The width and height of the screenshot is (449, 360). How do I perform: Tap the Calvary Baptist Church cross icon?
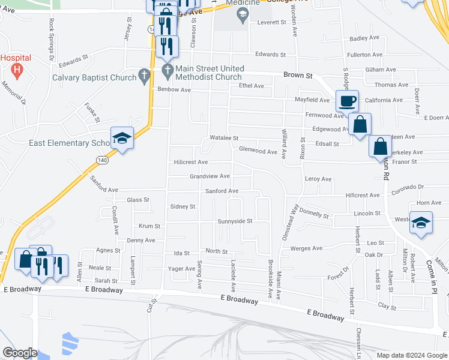pos(143,76)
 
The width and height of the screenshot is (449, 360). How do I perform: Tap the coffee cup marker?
pos(346,100)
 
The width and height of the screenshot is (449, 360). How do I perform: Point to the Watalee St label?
pos(224,138)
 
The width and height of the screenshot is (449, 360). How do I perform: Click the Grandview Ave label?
pos(209,176)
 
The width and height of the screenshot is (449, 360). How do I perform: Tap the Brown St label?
pos(298,76)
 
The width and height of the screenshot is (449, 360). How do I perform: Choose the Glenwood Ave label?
pos(258,151)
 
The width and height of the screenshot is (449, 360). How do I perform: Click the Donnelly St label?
pos(315,214)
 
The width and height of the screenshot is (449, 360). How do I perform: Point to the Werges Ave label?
pos(306,248)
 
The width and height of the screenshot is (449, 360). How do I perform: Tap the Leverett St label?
pos(273,22)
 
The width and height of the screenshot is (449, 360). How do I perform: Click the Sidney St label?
pos(183,206)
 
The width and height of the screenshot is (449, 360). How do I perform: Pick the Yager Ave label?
pos(181,268)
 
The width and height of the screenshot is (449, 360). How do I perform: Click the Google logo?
pos(19,353)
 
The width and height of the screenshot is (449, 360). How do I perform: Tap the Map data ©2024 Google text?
pos(411,355)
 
